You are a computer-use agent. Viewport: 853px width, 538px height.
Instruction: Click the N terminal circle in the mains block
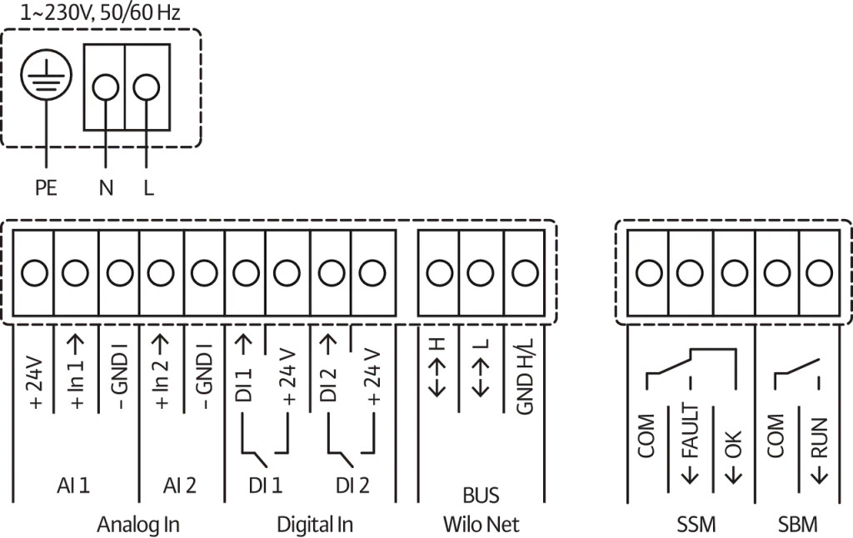pyautogui.click(x=105, y=87)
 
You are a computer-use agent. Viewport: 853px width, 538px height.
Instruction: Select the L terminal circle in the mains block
pyautogui.click(x=147, y=87)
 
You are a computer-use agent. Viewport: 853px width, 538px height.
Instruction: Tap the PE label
pyautogui.click(x=47, y=188)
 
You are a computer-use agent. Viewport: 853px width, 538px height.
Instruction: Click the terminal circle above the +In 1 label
pyautogui.click(x=75, y=272)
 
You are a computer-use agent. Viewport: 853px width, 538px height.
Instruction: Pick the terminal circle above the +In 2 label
pyautogui.click(x=160, y=272)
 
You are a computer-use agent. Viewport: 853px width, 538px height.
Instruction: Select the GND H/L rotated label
pyautogui.click(x=524, y=380)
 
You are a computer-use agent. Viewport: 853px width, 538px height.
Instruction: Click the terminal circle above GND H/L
pyautogui.click(x=524, y=272)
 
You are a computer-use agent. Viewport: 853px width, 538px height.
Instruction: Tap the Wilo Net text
pyautogui.click(x=481, y=524)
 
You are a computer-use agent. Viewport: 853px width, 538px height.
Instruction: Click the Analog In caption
pyautogui.click(x=138, y=524)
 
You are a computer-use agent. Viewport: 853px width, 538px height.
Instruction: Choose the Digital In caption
pyautogui.click(x=315, y=524)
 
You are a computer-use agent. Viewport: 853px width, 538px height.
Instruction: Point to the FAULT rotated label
pyautogui.click(x=691, y=442)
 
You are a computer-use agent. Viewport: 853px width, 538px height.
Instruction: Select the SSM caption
pyautogui.click(x=696, y=524)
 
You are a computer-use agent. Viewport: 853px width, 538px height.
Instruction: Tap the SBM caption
pyautogui.click(x=797, y=524)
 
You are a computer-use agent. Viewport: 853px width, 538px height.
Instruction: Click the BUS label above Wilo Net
pyautogui.click(x=481, y=496)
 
